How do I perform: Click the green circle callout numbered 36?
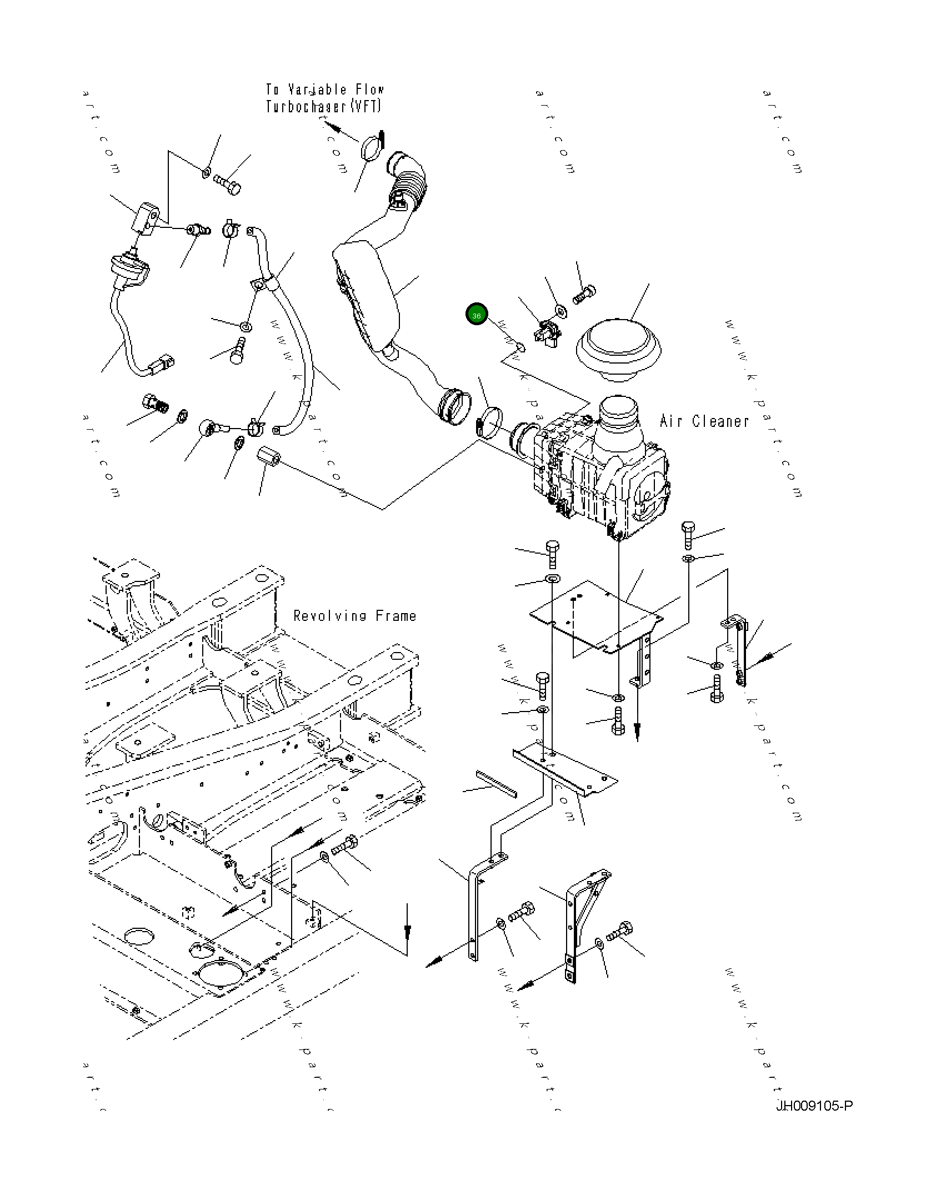pyautogui.click(x=476, y=315)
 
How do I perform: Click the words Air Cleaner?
pyautogui.click(x=704, y=421)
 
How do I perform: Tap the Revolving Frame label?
pyautogui.click(x=354, y=616)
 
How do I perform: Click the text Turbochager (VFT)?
pyautogui.click(x=323, y=106)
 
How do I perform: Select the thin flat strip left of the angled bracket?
pyautogui.click(x=496, y=784)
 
